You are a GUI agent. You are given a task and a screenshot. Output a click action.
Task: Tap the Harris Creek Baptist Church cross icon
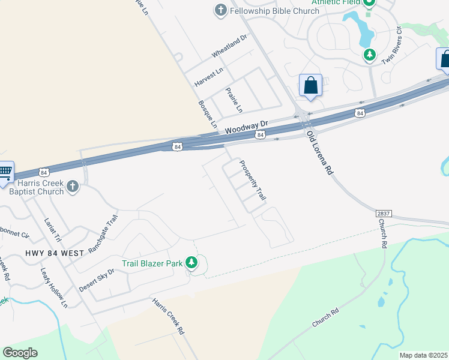tap(72, 187)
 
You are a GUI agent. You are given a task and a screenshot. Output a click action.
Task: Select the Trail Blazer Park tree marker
tap(191, 262)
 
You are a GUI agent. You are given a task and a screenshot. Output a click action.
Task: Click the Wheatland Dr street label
tap(229, 46)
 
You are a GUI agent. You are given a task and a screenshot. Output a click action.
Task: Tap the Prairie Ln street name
tap(234, 100)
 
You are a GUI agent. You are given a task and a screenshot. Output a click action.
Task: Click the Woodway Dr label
tap(246, 127)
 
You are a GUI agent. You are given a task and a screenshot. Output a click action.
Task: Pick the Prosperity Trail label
tap(253, 180)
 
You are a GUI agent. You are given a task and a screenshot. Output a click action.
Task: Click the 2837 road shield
tap(384, 214)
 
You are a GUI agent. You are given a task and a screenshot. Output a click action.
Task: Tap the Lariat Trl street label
tap(53, 230)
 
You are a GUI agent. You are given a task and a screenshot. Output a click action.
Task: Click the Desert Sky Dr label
tap(96, 280)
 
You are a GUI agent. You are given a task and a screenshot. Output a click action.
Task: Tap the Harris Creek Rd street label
tap(168, 316)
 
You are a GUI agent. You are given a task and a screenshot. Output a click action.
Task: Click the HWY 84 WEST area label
tap(55, 253)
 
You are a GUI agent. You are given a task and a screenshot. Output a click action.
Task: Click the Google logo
tap(20, 353)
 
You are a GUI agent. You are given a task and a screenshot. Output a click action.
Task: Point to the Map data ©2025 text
tap(423, 355)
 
